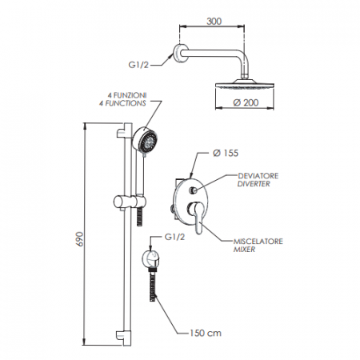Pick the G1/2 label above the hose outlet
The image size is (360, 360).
click(175, 238)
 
